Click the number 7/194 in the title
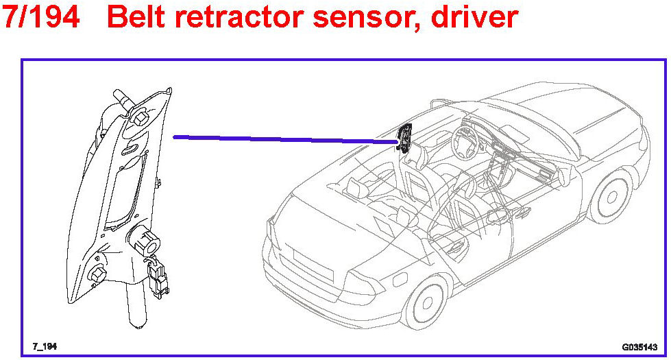[x=41, y=16]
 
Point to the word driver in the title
[x=474, y=16]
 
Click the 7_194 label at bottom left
[x=44, y=346]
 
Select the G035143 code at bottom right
[x=639, y=347]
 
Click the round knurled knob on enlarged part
[x=143, y=241]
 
